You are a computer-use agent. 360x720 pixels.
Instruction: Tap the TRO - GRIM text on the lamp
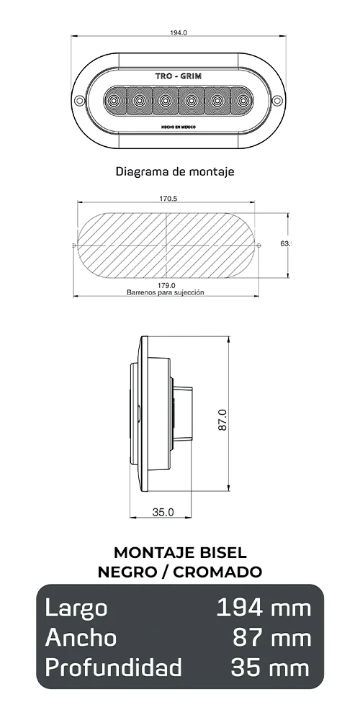click(179, 75)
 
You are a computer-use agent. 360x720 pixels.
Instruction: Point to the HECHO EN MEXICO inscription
click(179, 126)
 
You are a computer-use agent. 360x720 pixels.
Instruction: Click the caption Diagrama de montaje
click(175, 172)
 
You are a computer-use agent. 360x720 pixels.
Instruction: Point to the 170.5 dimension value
click(167, 199)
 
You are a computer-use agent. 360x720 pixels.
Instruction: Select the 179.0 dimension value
click(166, 286)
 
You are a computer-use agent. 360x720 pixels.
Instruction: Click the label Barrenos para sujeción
click(166, 293)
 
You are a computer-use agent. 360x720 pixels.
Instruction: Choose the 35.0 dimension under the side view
click(163, 513)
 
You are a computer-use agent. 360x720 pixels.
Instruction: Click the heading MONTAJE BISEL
click(180, 552)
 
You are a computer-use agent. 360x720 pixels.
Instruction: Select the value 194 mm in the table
click(264, 608)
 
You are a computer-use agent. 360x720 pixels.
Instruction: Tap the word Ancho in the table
click(81, 637)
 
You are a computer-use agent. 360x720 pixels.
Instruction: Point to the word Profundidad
click(113, 667)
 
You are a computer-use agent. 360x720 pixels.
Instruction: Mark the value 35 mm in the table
click(270, 667)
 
